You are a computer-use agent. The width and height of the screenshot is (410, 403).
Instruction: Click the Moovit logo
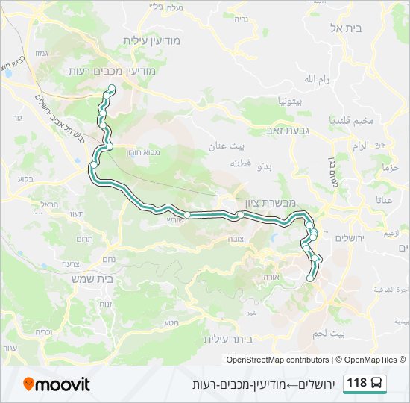point(57,384)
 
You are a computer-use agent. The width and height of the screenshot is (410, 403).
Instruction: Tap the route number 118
point(357,384)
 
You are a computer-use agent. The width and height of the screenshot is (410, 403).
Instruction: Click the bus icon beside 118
point(378,384)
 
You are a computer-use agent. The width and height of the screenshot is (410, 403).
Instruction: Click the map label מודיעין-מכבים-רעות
point(111,71)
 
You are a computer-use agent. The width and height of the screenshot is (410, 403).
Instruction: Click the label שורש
point(173,220)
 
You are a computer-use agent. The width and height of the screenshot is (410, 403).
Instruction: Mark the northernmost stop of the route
point(111,90)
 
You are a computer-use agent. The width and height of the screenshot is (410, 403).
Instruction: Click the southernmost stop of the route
point(310,278)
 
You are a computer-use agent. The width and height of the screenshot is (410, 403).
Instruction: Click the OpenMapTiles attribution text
point(370,360)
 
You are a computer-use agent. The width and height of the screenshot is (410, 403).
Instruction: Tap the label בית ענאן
point(211,148)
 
